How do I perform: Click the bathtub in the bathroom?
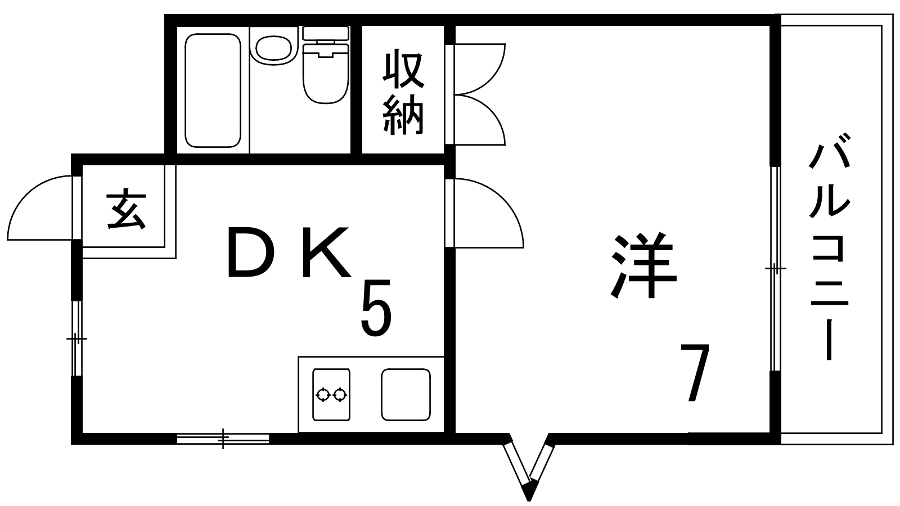213,90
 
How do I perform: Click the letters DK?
288,253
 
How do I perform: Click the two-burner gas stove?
331,395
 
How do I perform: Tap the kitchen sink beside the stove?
406,395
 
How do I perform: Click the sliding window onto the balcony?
775,269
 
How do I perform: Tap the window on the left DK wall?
76,338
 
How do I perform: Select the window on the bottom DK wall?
223,438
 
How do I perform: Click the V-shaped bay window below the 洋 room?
529,467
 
